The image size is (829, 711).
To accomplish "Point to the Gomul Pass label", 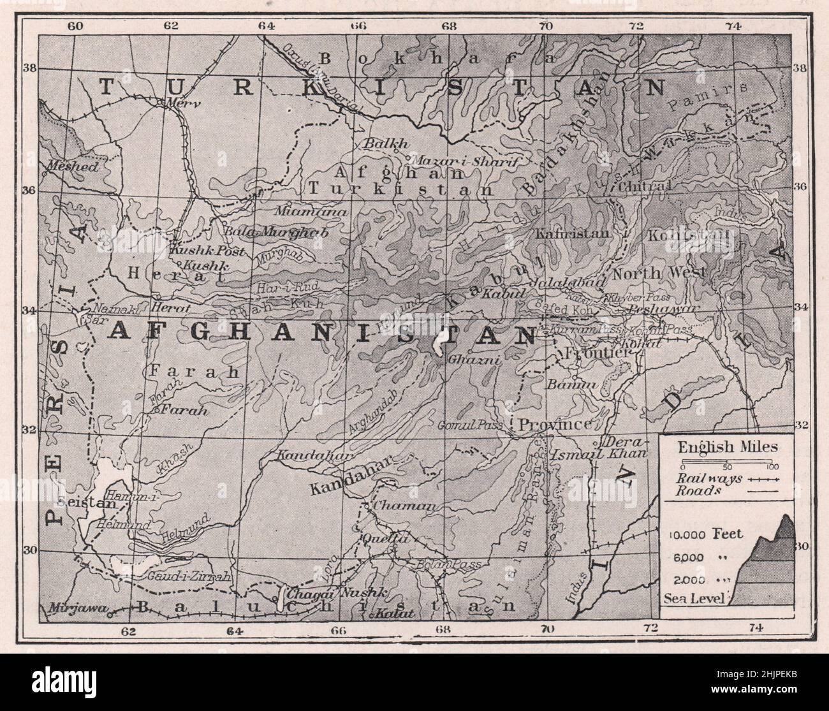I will [471, 425].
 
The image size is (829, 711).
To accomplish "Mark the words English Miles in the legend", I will [728, 447].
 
